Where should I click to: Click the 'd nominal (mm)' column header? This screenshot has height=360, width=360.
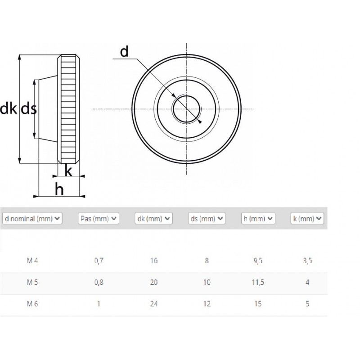point(32,219)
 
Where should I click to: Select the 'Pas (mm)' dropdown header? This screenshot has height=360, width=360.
point(99,219)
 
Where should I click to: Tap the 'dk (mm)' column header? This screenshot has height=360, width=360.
point(153,219)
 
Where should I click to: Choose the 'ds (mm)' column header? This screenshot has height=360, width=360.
point(207,219)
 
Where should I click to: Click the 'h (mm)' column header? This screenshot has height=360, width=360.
point(258,219)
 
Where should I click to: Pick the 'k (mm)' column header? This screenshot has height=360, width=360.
point(307,219)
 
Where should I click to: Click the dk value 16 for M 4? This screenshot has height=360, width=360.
point(153,261)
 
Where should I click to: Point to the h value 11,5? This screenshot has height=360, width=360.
point(258,283)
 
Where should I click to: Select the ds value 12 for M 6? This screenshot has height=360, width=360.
point(207,304)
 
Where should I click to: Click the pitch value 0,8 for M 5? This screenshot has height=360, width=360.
point(99,283)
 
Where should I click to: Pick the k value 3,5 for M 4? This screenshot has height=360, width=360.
point(307,261)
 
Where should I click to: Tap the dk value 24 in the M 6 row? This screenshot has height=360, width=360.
point(153,304)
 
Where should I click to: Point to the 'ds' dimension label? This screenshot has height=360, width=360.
point(28,108)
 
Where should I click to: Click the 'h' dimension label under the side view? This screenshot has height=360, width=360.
point(59,189)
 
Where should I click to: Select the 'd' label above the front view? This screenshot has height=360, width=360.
point(124,52)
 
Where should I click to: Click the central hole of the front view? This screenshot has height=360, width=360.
point(186,109)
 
